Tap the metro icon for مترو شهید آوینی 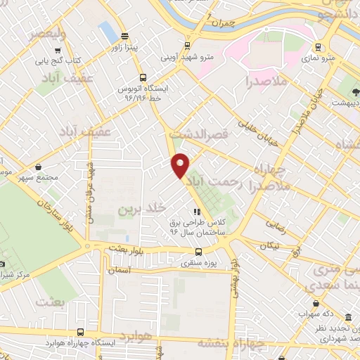186,45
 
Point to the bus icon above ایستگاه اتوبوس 143,78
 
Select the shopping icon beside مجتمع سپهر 37,168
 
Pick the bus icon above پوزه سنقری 199,251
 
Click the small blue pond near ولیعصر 108,30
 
